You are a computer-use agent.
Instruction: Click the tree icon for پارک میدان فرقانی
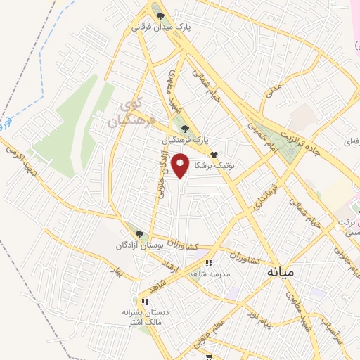160,16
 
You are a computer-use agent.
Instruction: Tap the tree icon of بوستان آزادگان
139,234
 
